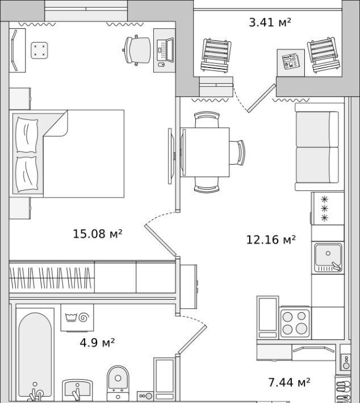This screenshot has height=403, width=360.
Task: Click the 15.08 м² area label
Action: click(x=97, y=234)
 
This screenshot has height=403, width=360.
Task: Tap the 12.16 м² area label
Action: click(x=271, y=240)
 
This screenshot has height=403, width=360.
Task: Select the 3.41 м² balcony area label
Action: click(x=270, y=22)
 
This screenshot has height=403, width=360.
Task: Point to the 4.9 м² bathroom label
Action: click(x=97, y=342)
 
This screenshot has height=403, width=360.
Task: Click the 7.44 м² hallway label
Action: click(x=289, y=382)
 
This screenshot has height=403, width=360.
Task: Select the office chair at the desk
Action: click(x=137, y=50)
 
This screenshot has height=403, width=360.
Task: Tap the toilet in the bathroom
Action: click(x=118, y=383)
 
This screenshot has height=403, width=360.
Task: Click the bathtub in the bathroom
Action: click(x=35, y=355)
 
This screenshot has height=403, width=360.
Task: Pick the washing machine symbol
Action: click(x=77, y=318)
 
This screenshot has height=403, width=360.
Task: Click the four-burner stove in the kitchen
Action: click(x=295, y=323)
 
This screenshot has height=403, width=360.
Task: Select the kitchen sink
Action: click(x=328, y=258)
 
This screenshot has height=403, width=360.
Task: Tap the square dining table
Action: click(x=204, y=152)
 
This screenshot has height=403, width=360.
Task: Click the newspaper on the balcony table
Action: click(x=291, y=61)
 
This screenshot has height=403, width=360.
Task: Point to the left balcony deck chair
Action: click(x=216, y=55)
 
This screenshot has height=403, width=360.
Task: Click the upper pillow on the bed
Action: click(x=27, y=135)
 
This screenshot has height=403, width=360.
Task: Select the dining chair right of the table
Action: click(x=237, y=153)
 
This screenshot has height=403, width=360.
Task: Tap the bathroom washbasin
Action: click(x=77, y=389)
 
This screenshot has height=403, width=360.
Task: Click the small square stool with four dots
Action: click(x=39, y=50)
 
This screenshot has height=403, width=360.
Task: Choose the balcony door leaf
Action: click(x=261, y=98)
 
